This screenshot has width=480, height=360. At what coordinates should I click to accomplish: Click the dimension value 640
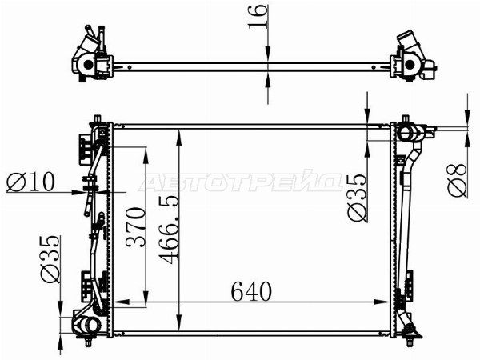(x=251, y=291)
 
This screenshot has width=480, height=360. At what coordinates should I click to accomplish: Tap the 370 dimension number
(x=136, y=227)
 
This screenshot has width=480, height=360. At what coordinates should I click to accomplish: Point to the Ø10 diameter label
(x=30, y=182)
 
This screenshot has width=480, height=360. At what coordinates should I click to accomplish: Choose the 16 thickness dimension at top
(x=258, y=17)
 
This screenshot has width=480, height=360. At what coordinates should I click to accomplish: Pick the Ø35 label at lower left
(x=50, y=259)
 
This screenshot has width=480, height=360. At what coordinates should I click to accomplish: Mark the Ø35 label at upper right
(x=357, y=198)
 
